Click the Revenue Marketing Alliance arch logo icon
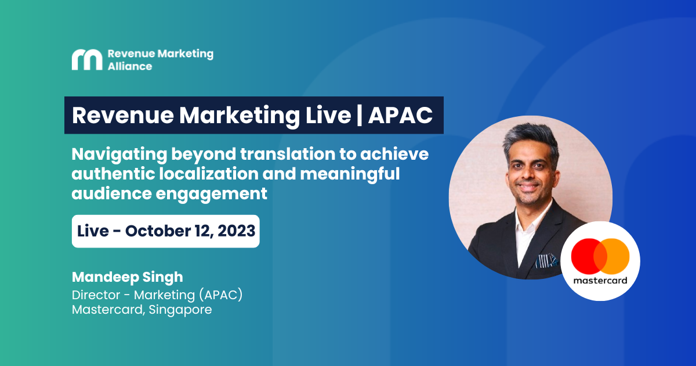pyautogui.click(x=87, y=60)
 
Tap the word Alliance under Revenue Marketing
pyautogui.click(x=130, y=66)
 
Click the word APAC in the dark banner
pyautogui.click(x=400, y=115)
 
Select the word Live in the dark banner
pyautogui.click(x=328, y=115)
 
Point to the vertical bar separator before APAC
pyautogui.click(x=360, y=115)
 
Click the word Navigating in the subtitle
pyautogui.click(x=119, y=155)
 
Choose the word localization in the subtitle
pyautogui.click(x=209, y=173)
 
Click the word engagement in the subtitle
pyautogui.click(x=211, y=194)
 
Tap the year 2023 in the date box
pyautogui.click(x=237, y=231)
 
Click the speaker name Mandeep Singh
pyautogui.click(x=128, y=277)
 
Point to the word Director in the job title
pyautogui.click(x=96, y=295)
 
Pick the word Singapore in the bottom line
pyautogui.click(x=180, y=310)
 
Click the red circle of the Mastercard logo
pyautogui.click(x=584, y=256)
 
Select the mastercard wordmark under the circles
pyautogui.click(x=600, y=281)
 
